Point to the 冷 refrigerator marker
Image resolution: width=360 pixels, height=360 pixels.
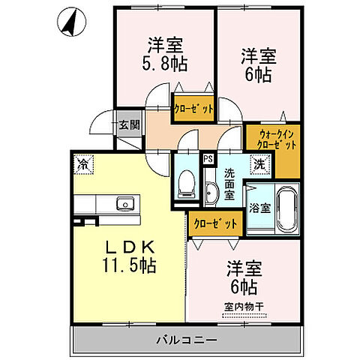pyautogui.click(x=80, y=161)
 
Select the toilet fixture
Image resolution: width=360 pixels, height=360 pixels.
pyautogui.click(x=186, y=184)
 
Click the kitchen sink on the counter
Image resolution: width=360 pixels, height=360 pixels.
pyautogui.click(x=121, y=204)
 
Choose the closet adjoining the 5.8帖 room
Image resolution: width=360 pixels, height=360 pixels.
pyautogui.click(x=193, y=108)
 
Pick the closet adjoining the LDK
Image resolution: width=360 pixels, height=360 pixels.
pyautogui.click(x=216, y=223)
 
